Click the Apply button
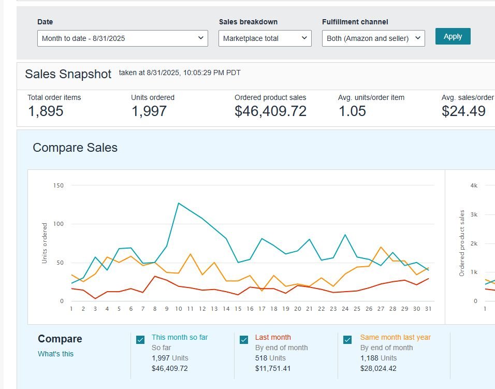[x=453, y=36]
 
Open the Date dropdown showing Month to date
[x=122, y=38]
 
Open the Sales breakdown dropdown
[x=265, y=38]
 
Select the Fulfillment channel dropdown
[x=373, y=38]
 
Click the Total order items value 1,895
[x=46, y=111]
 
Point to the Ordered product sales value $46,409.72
[x=270, y=111]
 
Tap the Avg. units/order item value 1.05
[x=352, y=111]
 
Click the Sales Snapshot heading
[x=68, y=74]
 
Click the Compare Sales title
[x=75, y=148]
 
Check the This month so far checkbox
[x=140, y=340]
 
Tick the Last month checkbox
[x=244, y=340]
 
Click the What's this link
[x=55, y=354]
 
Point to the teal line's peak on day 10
[x=179, y=203]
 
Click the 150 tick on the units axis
[x=59, y=185]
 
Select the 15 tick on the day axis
[x=238, y=309]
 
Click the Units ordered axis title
[x=45, y=243]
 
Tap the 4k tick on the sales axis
[x=474, y=185]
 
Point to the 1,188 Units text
[x=378, y=358]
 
